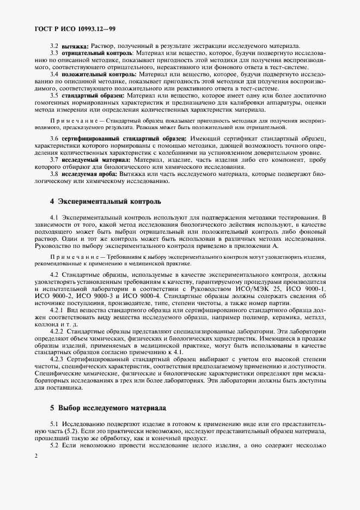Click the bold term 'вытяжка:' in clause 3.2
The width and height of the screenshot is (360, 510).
click(75, 46)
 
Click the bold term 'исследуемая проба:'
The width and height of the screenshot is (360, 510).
click(90, 174)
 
